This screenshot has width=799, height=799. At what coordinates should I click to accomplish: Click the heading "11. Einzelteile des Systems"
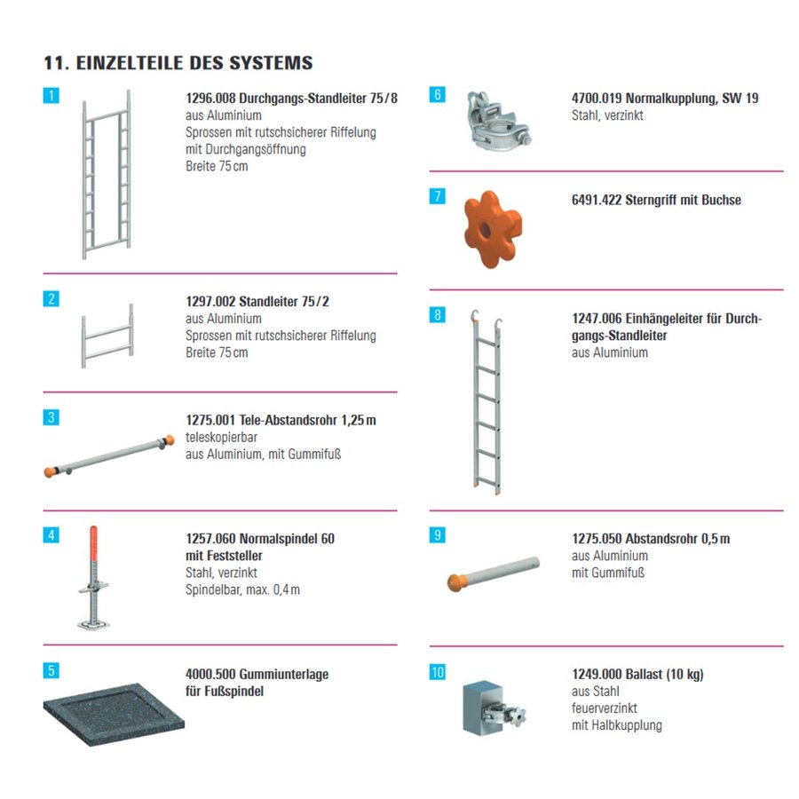[x=178, y=63]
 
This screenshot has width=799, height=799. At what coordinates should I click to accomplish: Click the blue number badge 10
[x=438, y=672]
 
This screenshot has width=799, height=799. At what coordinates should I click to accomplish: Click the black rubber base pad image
[x=113, y=714]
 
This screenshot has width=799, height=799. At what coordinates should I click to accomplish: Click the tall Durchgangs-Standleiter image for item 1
[x=107, y=174]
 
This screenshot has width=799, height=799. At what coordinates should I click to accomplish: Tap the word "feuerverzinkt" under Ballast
[x=605, y=708]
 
